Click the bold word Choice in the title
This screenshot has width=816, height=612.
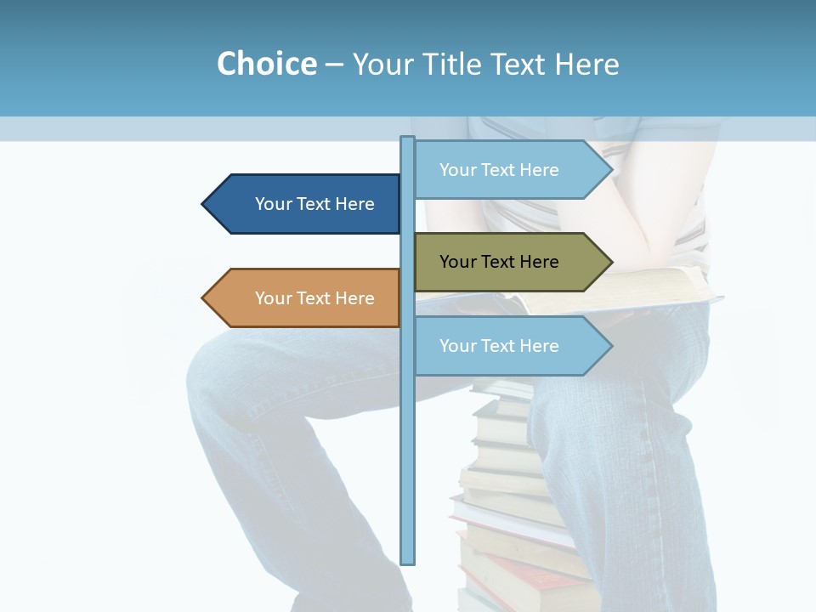pyautogui.click(x=266, y=65)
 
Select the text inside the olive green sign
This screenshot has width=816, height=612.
pyautogui.click(x=499, y=262)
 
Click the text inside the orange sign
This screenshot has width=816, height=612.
pyautogui.click(x=314, y=298)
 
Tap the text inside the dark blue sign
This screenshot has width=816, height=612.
pyautogui.click(x=314, y=204)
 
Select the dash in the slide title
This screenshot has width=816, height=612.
pyautogui.click(x=334, y=65)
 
